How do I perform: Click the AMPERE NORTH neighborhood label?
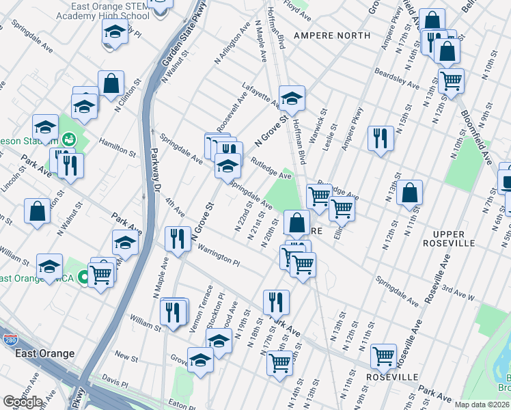tap(324, 35)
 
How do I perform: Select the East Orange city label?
tap(46, 353)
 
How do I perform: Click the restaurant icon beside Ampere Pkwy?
tap(381, 137)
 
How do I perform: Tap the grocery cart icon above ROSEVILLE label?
tap(383, 355)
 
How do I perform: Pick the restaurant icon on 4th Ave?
tap(178, 238)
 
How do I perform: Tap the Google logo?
tap(23, 402)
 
